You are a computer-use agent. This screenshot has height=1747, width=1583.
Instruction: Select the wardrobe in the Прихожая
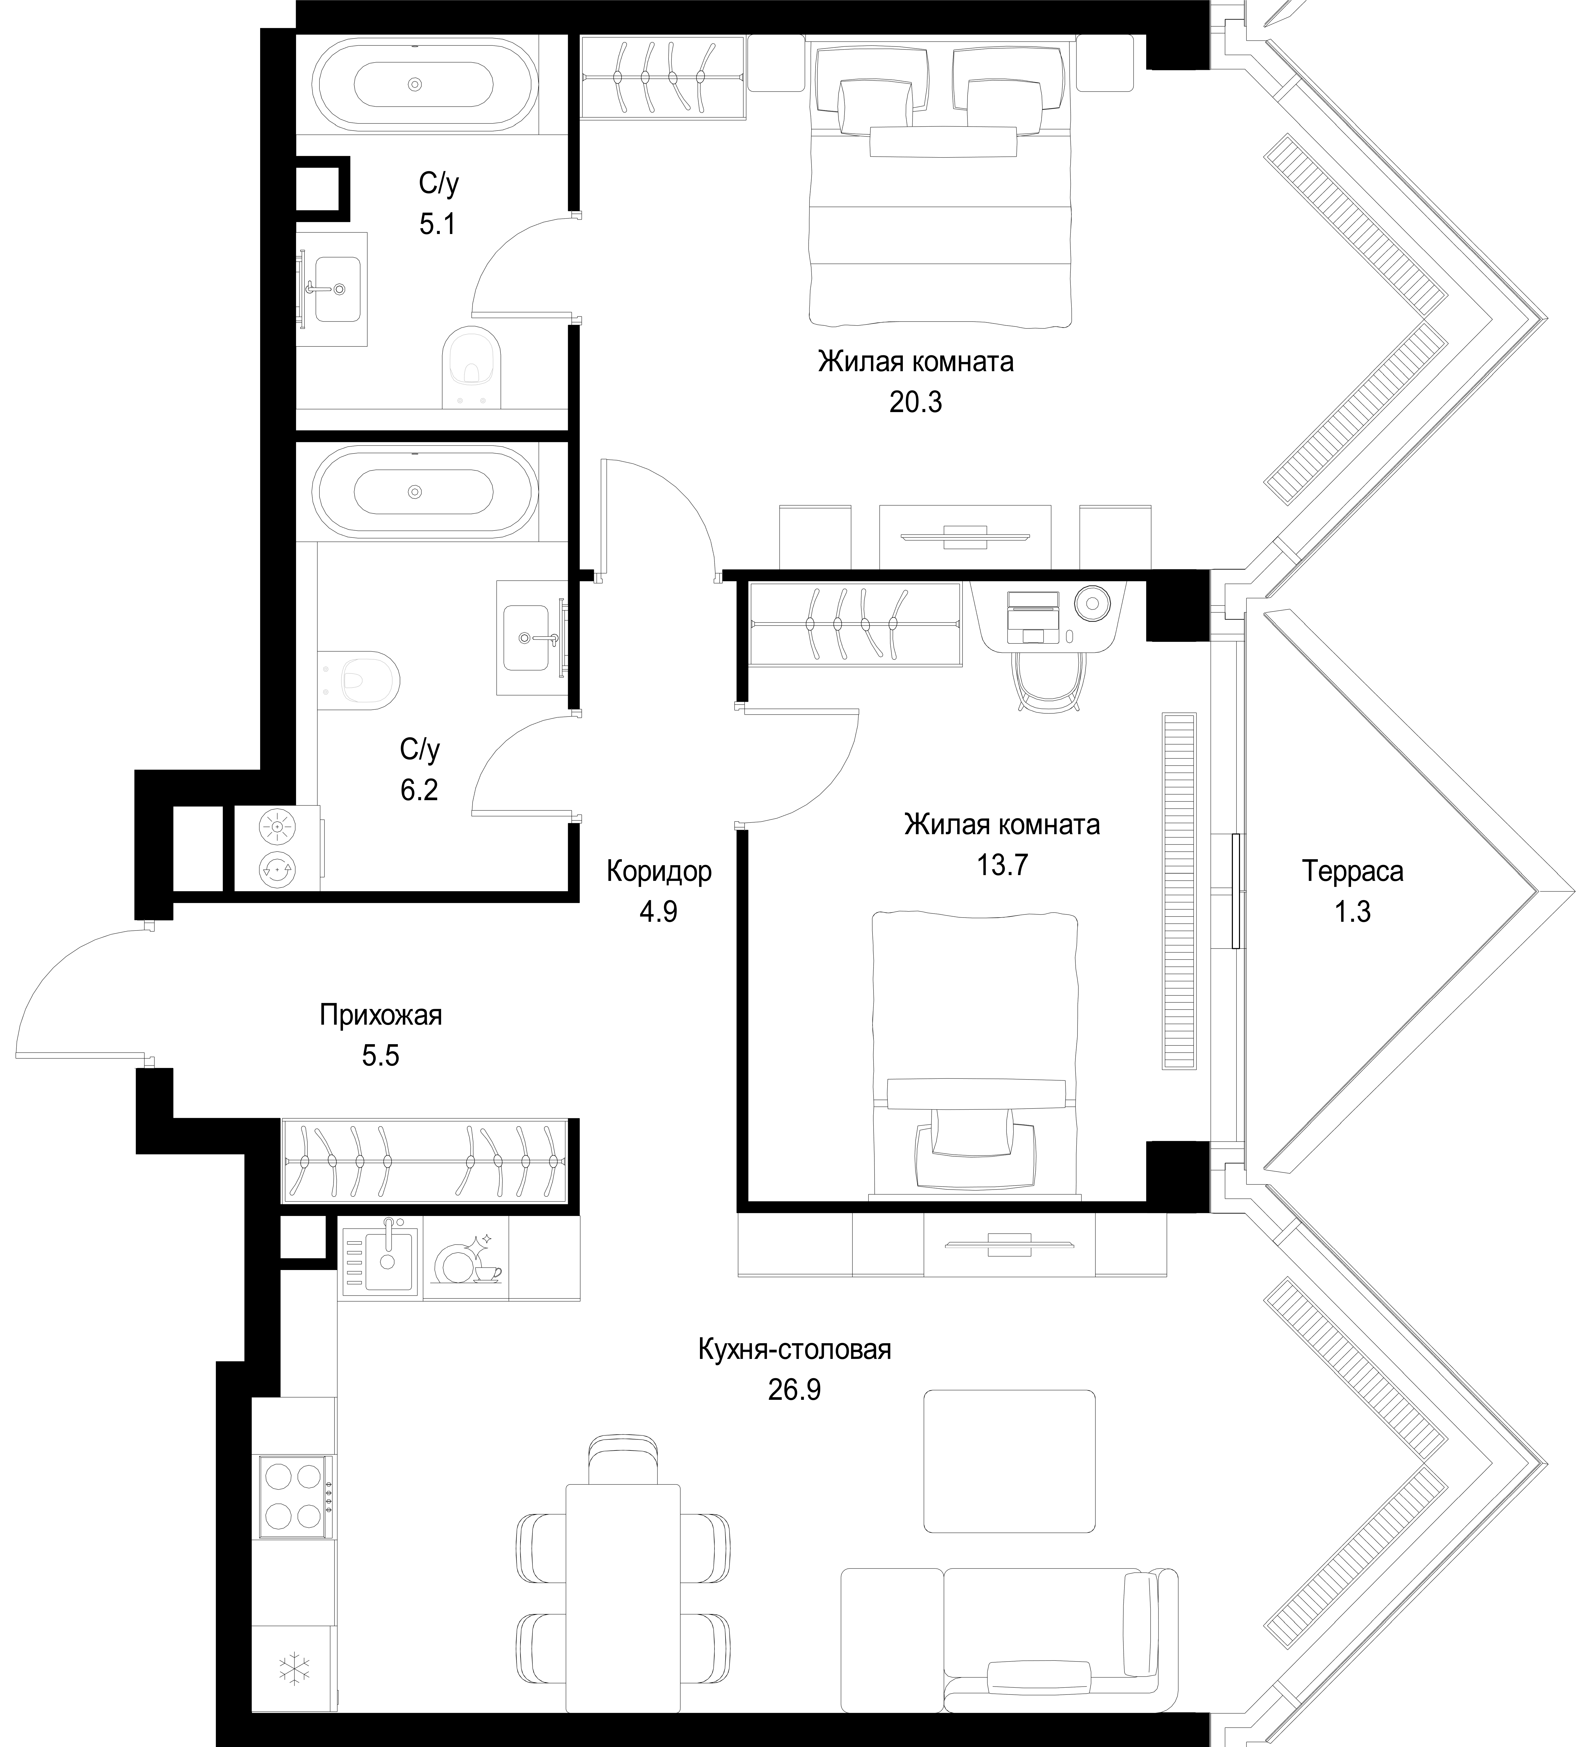(x=425, y=1160)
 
